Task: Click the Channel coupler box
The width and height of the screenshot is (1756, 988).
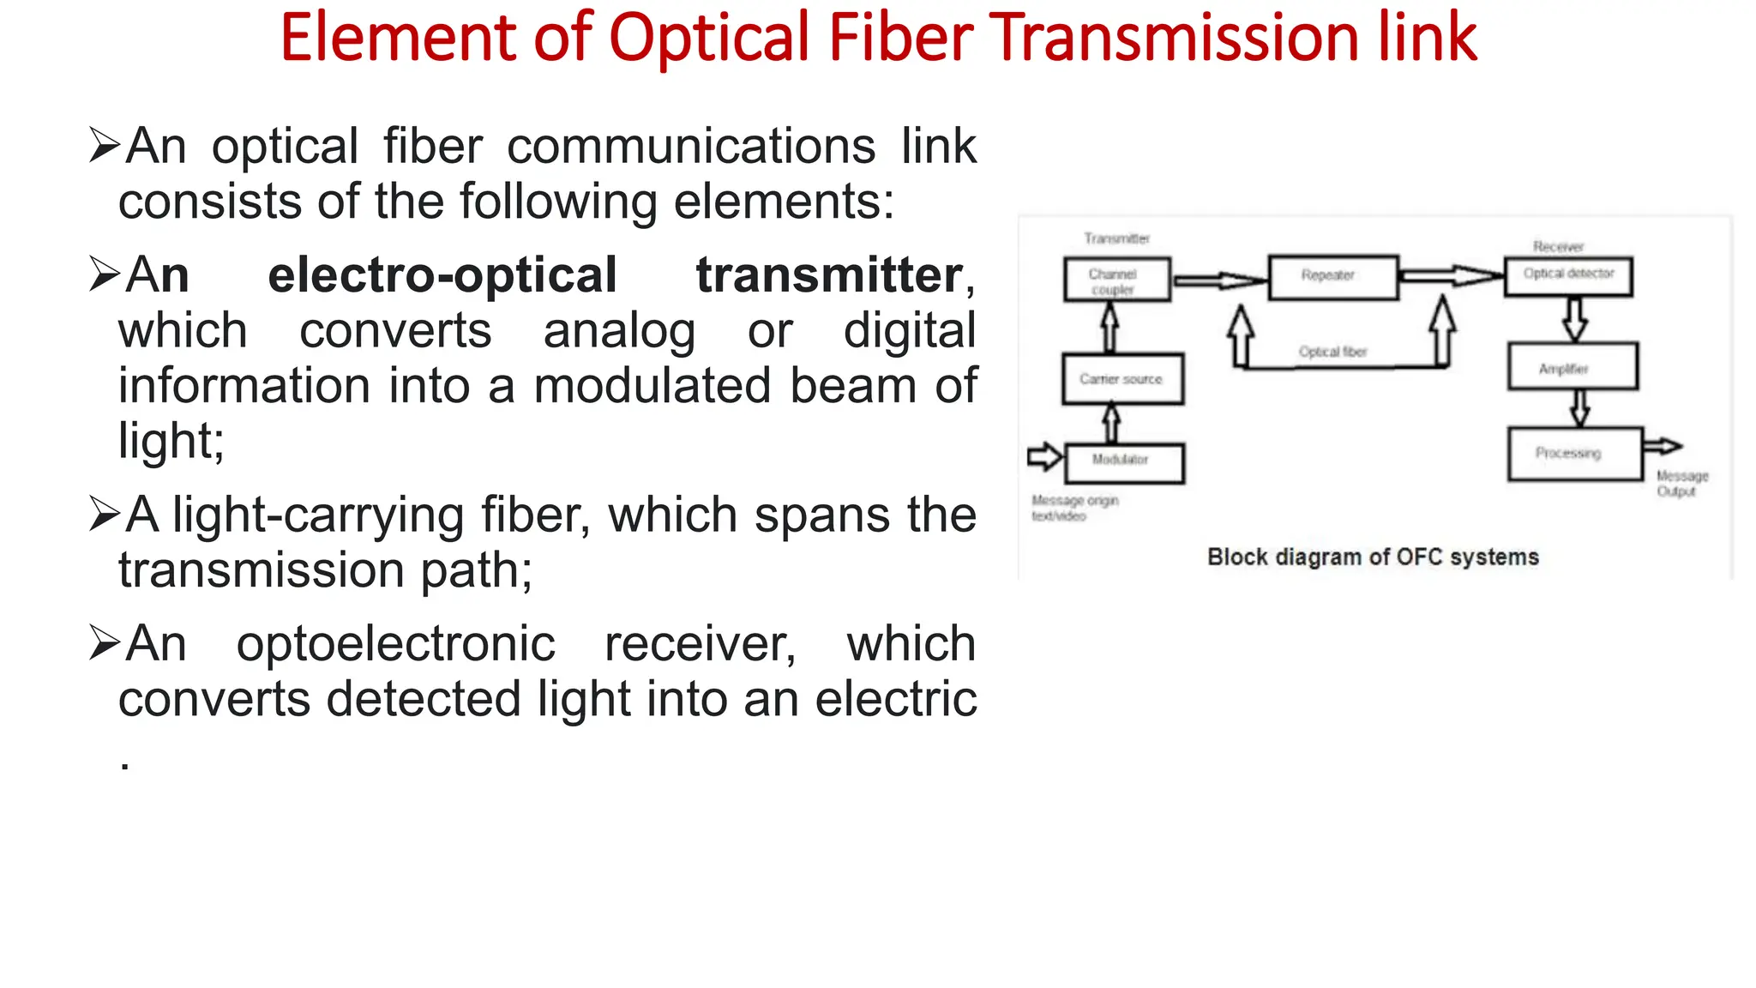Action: (x=1117, y=280)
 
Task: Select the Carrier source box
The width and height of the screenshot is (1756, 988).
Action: (x=1122, y=378)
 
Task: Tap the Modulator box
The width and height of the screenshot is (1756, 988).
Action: (x=1124, y=463)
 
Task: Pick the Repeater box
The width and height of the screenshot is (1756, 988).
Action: (x=1332, y=277)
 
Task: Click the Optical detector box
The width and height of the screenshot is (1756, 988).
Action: (x=1568, y=276)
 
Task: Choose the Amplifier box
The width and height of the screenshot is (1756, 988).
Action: (x=1573, y=367)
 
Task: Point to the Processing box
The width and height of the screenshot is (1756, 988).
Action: (x=1575, y=453)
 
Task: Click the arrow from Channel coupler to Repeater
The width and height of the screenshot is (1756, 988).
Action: (x=1218, y=280)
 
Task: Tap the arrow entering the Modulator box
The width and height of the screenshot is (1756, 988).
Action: (x=1044, y=456)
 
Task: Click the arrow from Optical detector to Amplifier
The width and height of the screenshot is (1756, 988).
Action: (x=1574, y=319)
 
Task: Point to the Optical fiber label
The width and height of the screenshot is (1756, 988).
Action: (x=1332, y=352)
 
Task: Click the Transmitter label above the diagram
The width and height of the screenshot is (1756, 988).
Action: (x=1116, y=238)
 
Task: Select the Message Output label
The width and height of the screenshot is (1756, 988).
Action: (x=1681, y=483)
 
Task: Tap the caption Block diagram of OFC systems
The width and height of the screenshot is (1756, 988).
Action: (x=1373, y=557)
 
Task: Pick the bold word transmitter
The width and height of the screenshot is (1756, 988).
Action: (x=829, y=275)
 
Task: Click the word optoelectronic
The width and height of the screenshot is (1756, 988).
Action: (x=395, y=644)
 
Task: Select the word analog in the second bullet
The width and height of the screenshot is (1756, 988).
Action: (x=619, y=331)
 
